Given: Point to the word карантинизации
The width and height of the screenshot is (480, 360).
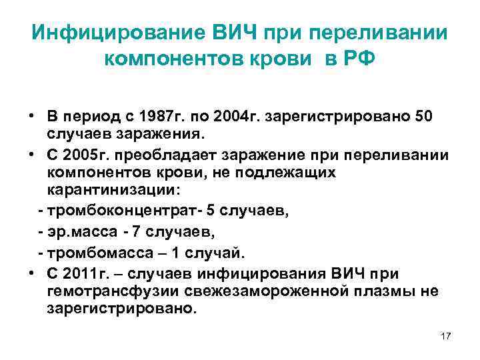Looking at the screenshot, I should pos(112,190).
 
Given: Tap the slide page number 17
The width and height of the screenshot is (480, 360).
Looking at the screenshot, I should pos(446,336).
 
